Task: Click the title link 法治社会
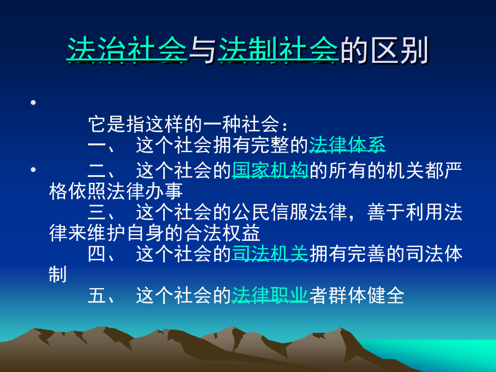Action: tap(127, 50)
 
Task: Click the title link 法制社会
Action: tap(278, 50)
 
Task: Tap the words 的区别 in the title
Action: tap(385, 50)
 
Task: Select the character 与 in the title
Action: tap(203, 50)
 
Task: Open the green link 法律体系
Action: tap(347, 145)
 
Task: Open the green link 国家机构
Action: tap(270, 170)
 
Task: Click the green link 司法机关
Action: tap(270, 254)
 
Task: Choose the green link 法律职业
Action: tap(270, 295)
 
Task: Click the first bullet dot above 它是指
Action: tap(33, 102)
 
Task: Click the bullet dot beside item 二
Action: tap(33, 170)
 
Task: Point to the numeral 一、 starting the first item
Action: tap(102, 145)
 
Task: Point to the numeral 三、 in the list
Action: tap(102, 212)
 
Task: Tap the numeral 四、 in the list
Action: tap(102, 254)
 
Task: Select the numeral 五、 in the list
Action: tap(102, 296)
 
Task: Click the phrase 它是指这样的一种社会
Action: tap(184, 124)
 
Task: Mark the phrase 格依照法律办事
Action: tap(116, 191)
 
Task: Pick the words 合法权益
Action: tap(222, 233)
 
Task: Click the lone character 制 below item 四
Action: tap(57, 274)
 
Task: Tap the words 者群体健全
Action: tap(357, 295)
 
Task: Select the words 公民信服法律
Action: tap(289, 212)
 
